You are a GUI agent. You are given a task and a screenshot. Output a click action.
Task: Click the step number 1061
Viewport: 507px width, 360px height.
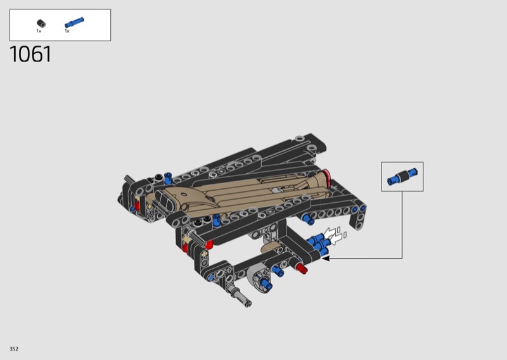(x=30, y=54)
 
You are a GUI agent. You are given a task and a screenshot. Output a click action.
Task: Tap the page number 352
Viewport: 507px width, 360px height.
(x=14, y=349)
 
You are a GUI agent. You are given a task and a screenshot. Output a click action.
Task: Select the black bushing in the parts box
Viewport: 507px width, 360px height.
(x=41, y=23)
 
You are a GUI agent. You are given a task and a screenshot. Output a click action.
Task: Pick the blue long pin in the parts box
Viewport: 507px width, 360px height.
(x=74, y=22)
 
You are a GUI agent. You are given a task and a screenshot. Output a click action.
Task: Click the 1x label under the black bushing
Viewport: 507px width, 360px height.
(x=39, y=31)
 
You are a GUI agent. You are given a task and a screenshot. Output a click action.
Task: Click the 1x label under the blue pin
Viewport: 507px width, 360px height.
(x=67, y=31)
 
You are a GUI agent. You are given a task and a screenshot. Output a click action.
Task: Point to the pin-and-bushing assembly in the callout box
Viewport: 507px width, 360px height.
(x=402, y=177)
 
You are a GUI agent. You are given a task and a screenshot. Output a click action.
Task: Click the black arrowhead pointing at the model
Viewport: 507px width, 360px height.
(x=325, y=258)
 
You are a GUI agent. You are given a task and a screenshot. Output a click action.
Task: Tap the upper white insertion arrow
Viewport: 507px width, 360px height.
(x=330, y=232)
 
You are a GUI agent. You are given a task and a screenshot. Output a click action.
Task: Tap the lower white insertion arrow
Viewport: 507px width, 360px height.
(x=337, y=238)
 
